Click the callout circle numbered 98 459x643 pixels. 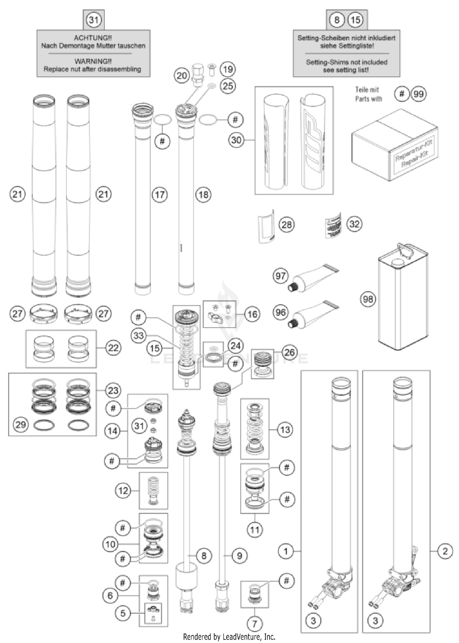click(368, 299)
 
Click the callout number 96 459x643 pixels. click(281, 312)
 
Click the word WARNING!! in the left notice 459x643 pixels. click(93, 61)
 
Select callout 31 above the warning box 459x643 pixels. click(94, 20)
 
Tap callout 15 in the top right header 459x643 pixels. click(355, 20)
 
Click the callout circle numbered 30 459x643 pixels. click(236, 140)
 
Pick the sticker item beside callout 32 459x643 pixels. click(333, 225)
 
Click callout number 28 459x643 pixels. click(286, 225)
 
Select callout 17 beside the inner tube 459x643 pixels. click(160, 195)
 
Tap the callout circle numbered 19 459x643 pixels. click(228, 69)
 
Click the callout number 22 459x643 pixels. click(114, 348)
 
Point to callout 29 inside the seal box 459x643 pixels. click(21, 425)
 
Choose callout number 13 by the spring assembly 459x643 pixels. click(285, 430)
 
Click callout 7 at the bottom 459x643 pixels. click(255, 623)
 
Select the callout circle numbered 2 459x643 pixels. click(445, 551)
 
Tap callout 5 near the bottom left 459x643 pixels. click(123, 613)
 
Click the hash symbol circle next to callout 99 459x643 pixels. click(402, 94)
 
